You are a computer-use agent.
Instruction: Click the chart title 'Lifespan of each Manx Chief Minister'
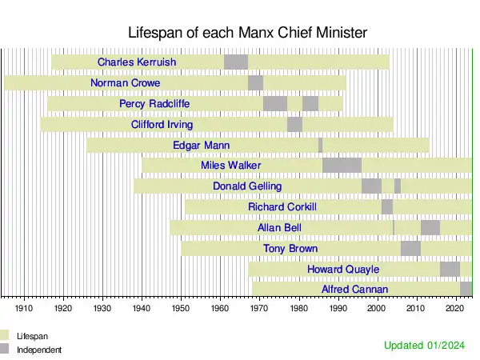coord(247,33)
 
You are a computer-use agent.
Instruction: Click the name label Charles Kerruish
coord(137,62)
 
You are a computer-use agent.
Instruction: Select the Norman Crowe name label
coord(126,82)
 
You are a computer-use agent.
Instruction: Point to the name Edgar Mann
coord(201,145)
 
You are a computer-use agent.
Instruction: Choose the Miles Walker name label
coord(231,166)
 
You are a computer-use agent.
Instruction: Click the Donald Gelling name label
coord(247,186)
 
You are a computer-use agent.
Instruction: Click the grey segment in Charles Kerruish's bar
coord(235,62)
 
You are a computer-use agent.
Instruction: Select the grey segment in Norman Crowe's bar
coord(255,82)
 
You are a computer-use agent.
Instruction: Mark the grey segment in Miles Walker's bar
coord(342,166)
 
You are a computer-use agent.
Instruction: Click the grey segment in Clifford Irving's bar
coord(294,124)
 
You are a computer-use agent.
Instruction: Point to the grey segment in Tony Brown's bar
coord(410,249)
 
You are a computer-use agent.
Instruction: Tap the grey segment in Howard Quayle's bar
coord(450,269)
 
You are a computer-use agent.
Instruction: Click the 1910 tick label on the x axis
coord(23,307)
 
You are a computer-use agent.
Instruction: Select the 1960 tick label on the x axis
coord(220,307)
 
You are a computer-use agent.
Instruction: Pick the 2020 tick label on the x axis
coord(456,307)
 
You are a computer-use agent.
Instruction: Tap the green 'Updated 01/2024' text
coord(423,345)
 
